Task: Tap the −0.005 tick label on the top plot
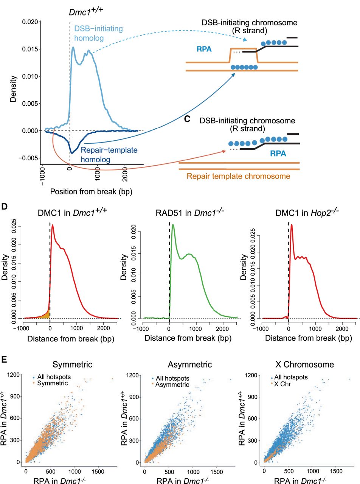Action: coord(29,158)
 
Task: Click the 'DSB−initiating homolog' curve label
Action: coord(98,33)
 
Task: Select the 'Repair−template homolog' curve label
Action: coord(109,155)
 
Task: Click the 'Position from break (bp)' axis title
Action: coord(91,192)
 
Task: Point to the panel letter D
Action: coord(5,206)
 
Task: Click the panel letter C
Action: coord(187,119)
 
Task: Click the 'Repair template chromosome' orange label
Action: coord(238,176)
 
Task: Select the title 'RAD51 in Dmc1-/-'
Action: coord(190,213)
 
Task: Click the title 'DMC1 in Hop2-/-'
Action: coord(307,213)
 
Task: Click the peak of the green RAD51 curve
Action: coord(173,225)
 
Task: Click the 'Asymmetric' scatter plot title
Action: coord(190,365)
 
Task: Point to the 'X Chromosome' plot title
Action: coord(304,365)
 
